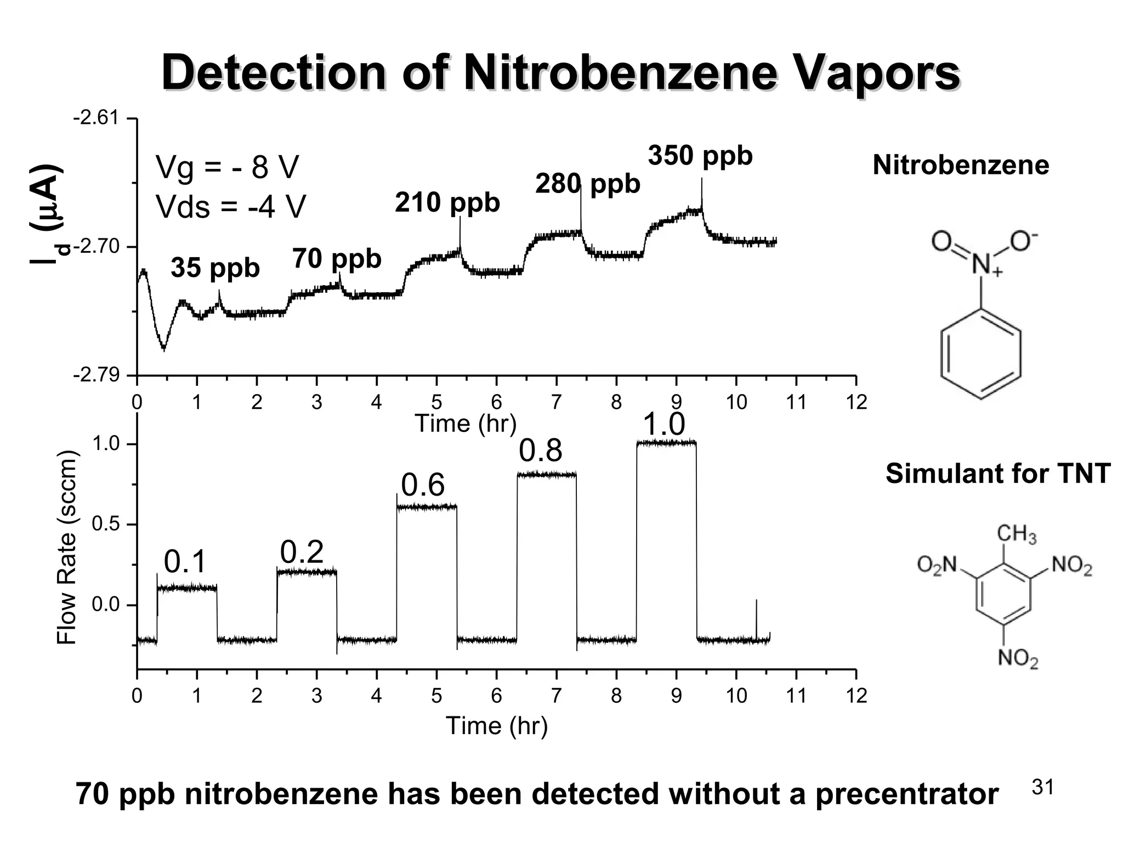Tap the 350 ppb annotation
point(700,156)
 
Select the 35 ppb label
point(215,268)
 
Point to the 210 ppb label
point(447,202)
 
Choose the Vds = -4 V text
point(230,207)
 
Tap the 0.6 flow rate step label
point(422,486)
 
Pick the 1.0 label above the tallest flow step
point(663,425)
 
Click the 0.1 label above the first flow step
point(185,562)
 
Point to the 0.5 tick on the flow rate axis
point(105,525)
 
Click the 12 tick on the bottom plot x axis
point(856,696)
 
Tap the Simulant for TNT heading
point(998,474)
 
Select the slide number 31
point(1043,787)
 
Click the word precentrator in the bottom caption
point(907,794)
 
